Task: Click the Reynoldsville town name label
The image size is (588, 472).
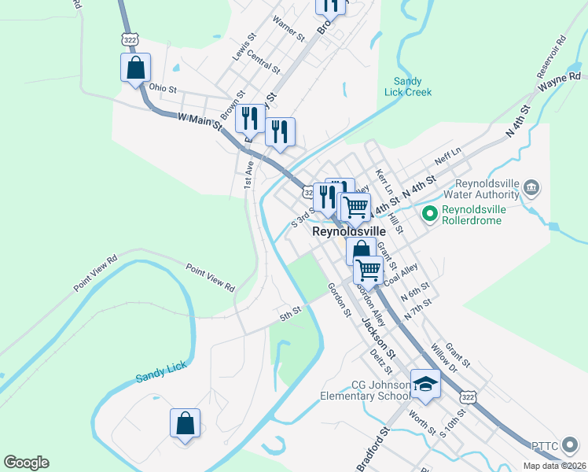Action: click(x=350, y=233)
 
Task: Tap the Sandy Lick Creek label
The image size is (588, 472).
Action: click(x=408, y=87)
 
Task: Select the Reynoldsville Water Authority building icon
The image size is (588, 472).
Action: click(x=531, y=187)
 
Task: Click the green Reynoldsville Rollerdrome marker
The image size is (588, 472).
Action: click(x=429, y=213)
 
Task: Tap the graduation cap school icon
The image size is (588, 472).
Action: click(x=425, y=383)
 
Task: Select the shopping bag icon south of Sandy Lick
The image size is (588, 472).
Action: click(x=185, y=422)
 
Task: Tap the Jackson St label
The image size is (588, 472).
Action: click(x=375, y=334)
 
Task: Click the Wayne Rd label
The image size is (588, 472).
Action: click(x=564, y=77)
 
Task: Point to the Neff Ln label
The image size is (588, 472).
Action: click(x=447, y=150)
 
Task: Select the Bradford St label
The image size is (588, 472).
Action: click(x=375, y=449)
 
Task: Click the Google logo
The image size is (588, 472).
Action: click(x=26, y=463)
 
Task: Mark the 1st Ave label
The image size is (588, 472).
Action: click(x=249, y=174)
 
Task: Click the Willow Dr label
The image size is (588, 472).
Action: click(x=444, y=356)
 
